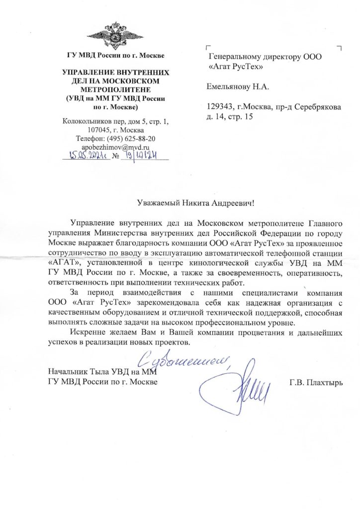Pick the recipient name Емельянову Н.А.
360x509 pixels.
pos(238,87)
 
